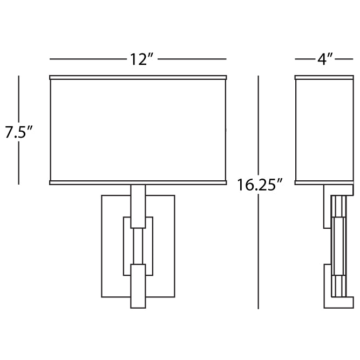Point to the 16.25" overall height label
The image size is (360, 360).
260,185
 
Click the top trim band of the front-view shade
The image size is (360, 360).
138,78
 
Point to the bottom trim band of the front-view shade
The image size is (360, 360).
138,182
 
